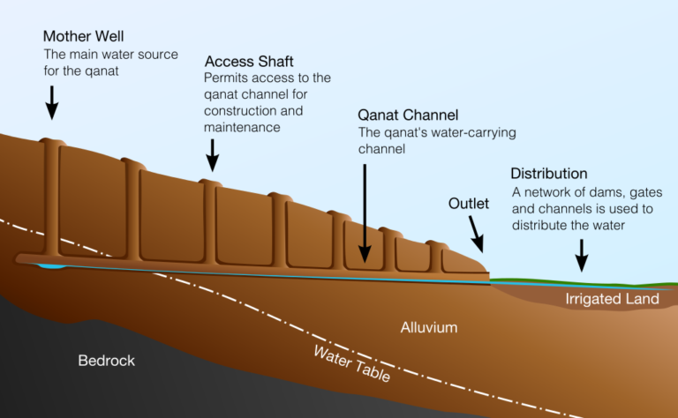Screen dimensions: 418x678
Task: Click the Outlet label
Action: coord(469,204)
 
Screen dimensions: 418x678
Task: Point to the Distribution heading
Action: coord(549,174)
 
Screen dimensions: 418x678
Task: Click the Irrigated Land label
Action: coord(612,299)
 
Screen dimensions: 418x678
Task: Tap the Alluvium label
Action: coord(429,327)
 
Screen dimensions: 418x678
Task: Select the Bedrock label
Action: coord(107,361)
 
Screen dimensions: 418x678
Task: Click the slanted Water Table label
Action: coord(351,363)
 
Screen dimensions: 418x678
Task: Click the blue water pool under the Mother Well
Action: coord(49,265)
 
